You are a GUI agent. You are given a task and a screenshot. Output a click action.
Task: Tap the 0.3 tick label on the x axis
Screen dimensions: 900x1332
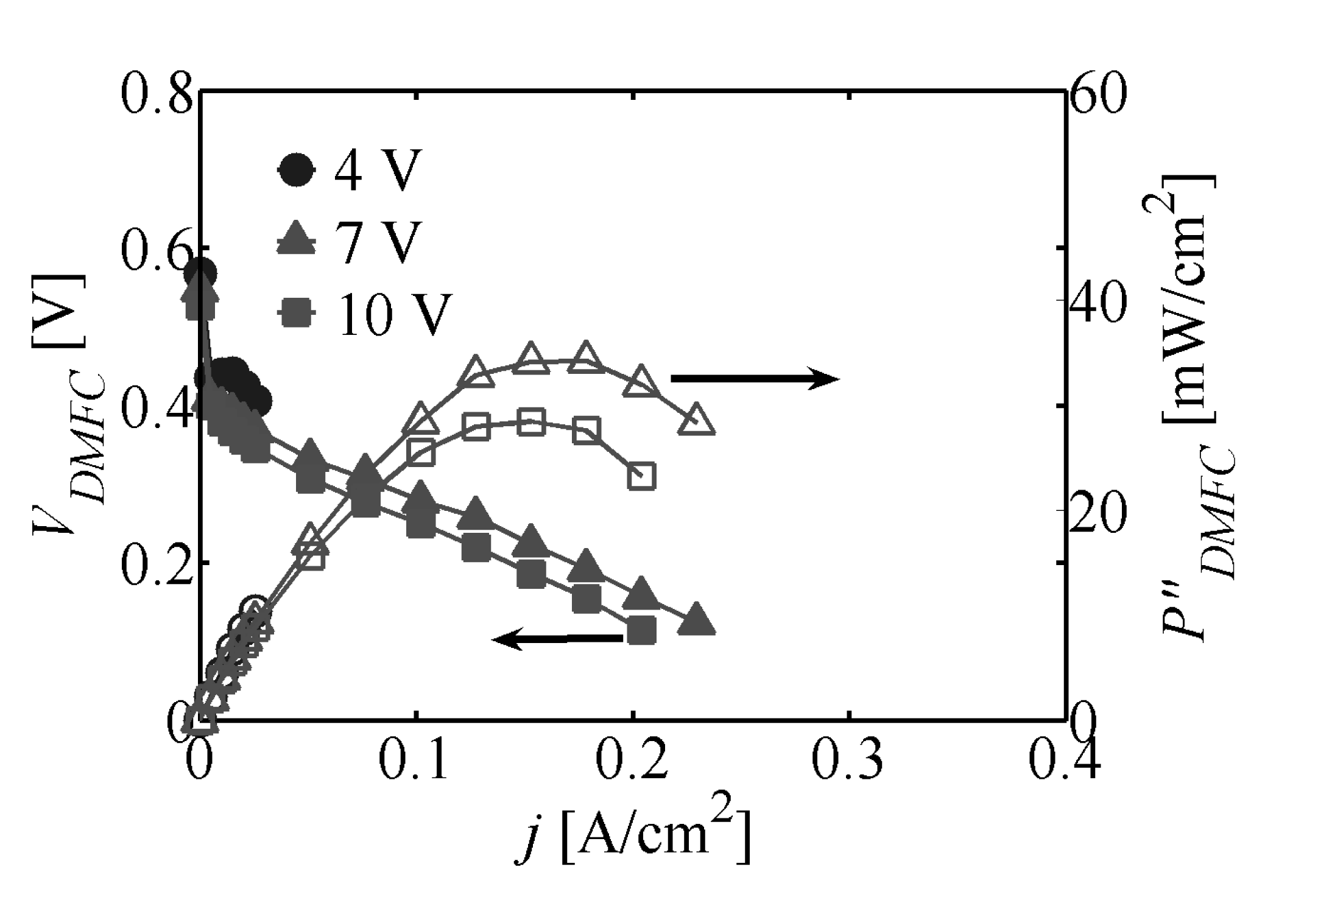(x=848, y=761)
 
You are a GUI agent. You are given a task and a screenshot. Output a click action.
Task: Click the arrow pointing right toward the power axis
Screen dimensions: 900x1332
(x=755, y=379)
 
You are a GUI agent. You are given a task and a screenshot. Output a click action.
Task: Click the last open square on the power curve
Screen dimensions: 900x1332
(x=641, y=476)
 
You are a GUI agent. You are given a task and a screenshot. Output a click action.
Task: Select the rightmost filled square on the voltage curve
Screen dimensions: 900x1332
(x=641, y=630)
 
